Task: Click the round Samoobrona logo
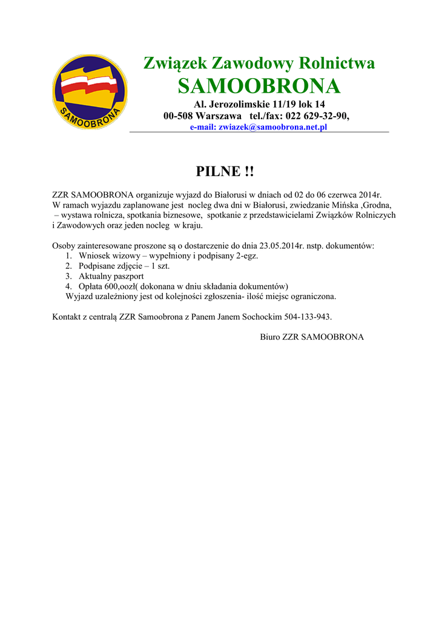tap(90, 91)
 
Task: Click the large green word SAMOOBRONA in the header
tap(259, 86)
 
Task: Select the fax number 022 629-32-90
tap(314, 116)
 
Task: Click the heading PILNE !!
tap(225, 172)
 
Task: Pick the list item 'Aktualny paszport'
tap(111, 276)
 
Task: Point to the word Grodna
tap(377, 205)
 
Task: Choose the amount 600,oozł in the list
tap(126, 286)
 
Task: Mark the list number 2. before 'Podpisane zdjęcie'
tap(69, 266)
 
